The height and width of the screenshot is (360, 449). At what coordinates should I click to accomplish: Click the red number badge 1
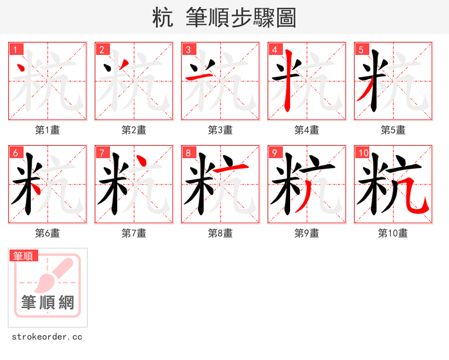[16, 49]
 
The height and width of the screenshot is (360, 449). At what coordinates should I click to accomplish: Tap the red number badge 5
[362, 49]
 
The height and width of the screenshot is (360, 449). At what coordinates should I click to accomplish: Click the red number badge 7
[103, 153]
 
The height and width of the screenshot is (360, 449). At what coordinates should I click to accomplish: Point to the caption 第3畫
[221, 130]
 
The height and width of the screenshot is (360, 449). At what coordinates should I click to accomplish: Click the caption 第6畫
[48, 233]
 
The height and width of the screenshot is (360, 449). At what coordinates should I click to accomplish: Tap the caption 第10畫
[393, 233]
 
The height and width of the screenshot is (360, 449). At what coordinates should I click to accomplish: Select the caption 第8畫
[221, 233]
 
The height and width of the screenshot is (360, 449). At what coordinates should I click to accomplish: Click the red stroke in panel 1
[21, 70]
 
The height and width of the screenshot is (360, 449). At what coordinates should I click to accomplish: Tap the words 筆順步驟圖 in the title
[236, 18]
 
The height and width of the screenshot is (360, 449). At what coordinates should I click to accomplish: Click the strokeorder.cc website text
[48, 337]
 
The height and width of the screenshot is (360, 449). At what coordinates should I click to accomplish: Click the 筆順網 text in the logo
[48, 303]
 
